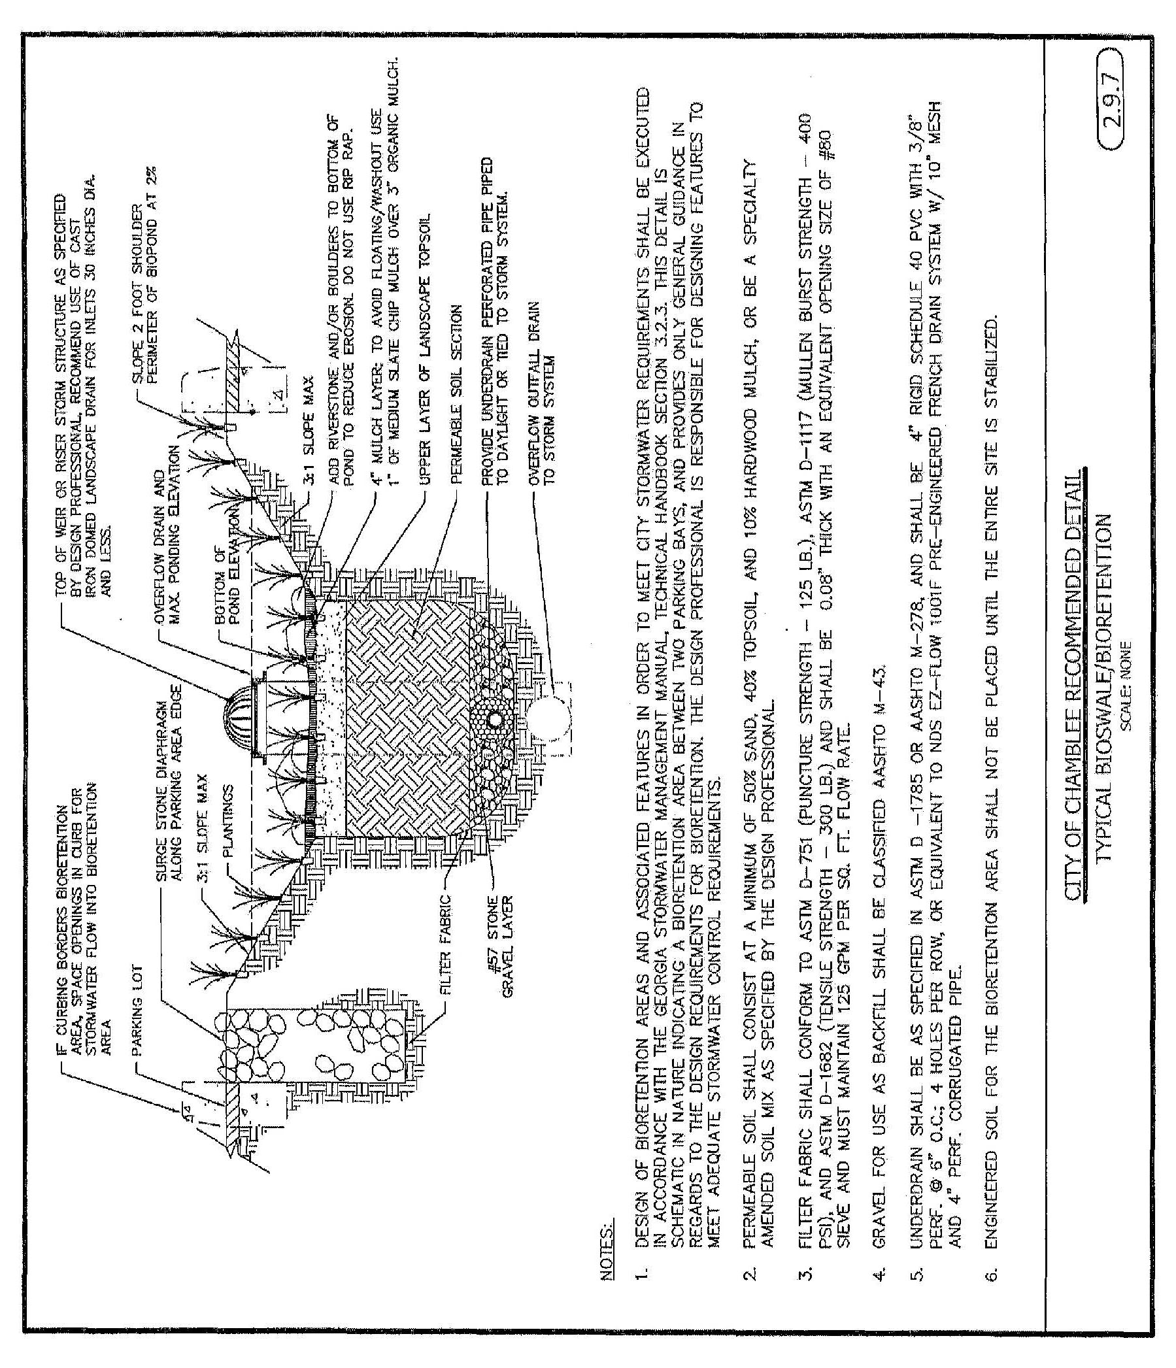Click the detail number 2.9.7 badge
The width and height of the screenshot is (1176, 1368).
(x=1113, y=113)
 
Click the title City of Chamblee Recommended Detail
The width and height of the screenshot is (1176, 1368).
(x=1073, y=683)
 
